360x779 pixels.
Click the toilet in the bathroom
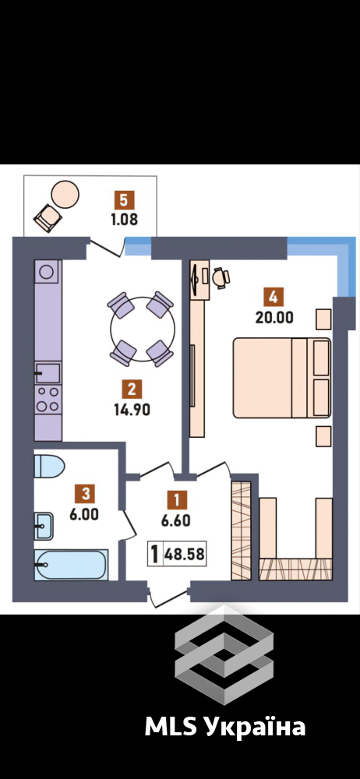tap(50, 467)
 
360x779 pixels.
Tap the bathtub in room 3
tap(71, 565)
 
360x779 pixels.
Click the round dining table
tap(143, 329)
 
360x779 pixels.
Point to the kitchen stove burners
tap(48, 399)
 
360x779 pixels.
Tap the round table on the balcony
tap(65, 193)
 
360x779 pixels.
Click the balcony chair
tap(48, 218)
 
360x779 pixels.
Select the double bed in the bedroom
tap(282, 378)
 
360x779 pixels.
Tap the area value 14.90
tap(132, 410)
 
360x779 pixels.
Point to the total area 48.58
tap(187, 554)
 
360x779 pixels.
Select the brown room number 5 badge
tap(124, 201)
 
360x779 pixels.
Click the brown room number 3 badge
tap(86, 494)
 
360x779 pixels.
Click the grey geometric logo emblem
tap(224, 655)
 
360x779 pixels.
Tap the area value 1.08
tap(124, 219)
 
